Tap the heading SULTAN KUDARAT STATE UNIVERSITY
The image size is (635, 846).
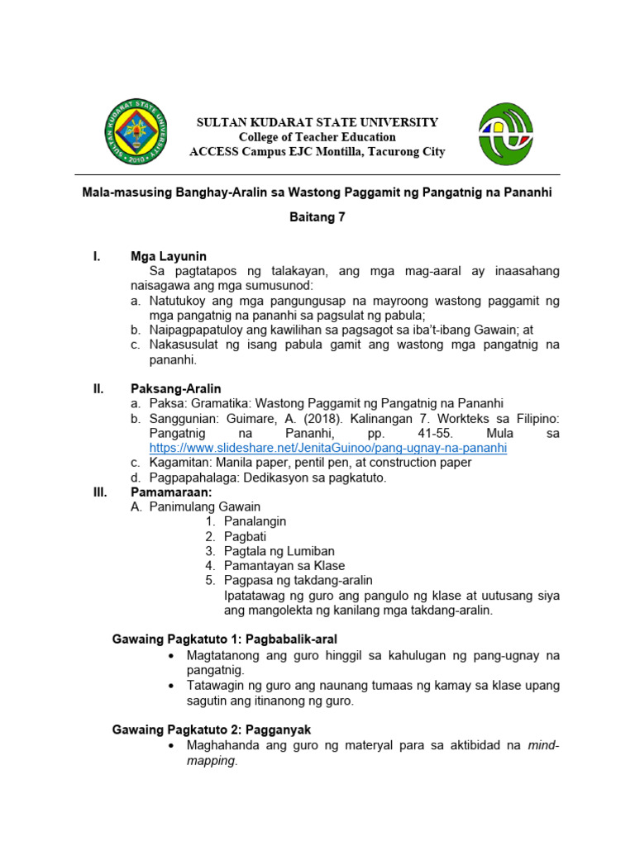click(x=317, y=122)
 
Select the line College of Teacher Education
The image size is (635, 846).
click(x=317, y=137)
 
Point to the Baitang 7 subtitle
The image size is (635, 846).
click(x=317, y=219)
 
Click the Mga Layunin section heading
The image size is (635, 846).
click(x=168, y=256)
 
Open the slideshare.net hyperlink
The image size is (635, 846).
click(x=327, y=448)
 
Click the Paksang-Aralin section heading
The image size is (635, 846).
click(x=175, y=388)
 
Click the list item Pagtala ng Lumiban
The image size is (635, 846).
click(x=279, y=551)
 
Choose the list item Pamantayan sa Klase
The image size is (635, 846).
click(x=284, y=566)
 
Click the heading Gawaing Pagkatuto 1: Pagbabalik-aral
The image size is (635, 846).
click(x=225, y=639)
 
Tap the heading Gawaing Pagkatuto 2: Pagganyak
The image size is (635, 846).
click(x=211, y=730)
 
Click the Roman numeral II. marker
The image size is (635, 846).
click(x=98, y=388)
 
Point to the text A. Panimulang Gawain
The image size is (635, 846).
click(x=195, y=506)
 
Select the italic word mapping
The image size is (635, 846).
click(x=211, y=761)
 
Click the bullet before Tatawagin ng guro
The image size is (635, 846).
click(x=169, y=686)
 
